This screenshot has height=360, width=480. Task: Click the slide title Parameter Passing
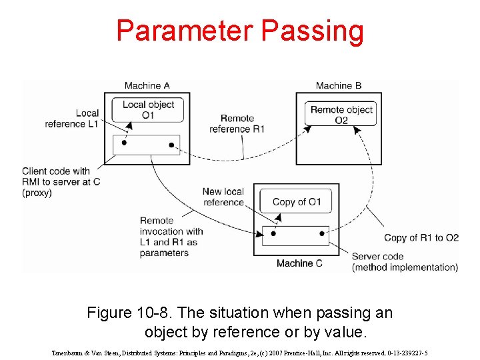pyautogui.click(x=240, y=31)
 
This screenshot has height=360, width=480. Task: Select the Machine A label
pyautogui.click(x=147, y=85)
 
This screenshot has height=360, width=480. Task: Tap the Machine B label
pyautogui.click(x=338, y=85)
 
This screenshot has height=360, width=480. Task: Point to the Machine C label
pyautogui.click(x=299, y=263)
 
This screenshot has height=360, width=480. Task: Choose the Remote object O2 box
pyautogui.click(x=341, y=114)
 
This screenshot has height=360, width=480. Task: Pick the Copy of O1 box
pyautogui.click(x=297, y=202)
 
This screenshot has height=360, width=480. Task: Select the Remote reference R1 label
pyautogui.click(x=237, y=124)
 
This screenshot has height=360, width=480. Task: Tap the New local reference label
pyautogui.click(x=223, y=197)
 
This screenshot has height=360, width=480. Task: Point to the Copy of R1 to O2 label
pyautogui.click(x=421, y=238)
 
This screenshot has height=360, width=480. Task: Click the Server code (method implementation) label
pyautogui.click(x=405, y=262)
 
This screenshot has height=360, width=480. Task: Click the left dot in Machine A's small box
pyautogui.click(x=124, y=143)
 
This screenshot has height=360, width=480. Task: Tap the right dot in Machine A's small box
pyautogui.click(x=171, y=145)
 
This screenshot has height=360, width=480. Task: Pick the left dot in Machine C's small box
pyautogui.click(x=272, y=233)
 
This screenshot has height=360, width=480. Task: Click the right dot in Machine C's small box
pyautogui.click(x=322, y=233)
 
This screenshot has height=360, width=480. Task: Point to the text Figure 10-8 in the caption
pyautogui.click(x=121, y=313)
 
